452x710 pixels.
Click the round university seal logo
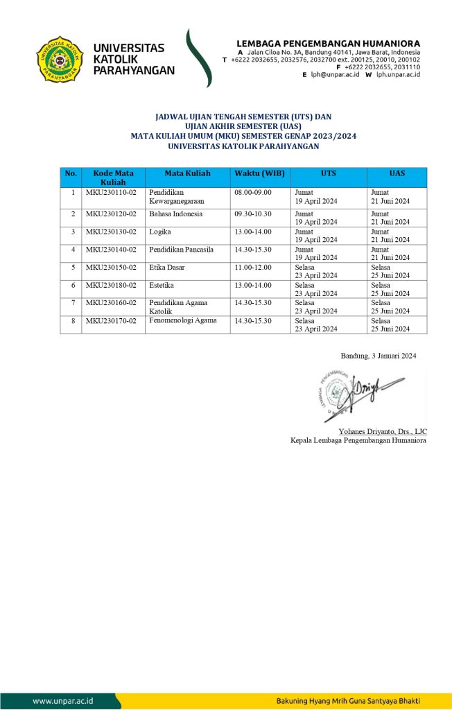pos(60,60)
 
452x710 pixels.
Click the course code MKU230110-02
pos(111,192)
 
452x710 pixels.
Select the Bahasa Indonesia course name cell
pos(175,214)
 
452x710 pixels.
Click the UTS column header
pos(329,173)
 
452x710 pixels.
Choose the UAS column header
pos(397,173)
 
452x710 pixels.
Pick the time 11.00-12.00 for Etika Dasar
pos(253,267)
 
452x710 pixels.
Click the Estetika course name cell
pos(161,285)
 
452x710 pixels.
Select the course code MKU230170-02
pos(111,320)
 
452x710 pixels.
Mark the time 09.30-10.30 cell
pos(253,214)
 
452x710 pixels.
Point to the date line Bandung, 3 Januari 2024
pos(379,356)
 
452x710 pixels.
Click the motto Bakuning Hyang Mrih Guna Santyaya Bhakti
pos(347,700)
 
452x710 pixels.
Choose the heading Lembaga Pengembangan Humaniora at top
pos(328,43)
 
